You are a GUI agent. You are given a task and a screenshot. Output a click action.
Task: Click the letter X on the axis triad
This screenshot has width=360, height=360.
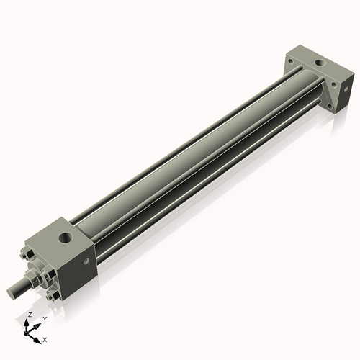[45, 338]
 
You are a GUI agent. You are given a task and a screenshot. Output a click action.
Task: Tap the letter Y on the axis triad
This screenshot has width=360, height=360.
[44, 318]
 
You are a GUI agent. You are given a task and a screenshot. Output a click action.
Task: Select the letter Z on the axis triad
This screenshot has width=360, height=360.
[28, 315]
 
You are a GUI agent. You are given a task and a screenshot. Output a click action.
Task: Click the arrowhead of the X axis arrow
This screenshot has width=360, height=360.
[37, 336]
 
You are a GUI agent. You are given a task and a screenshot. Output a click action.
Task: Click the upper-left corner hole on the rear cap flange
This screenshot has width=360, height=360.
[290, 63]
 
